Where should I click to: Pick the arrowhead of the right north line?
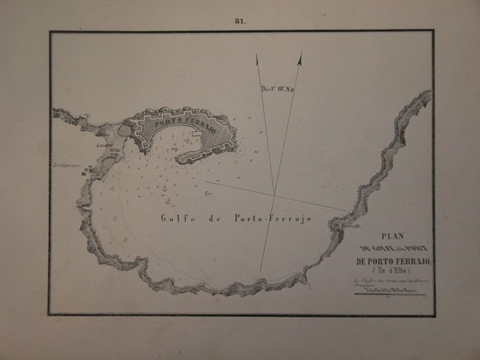(298, 57)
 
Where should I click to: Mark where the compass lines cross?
(274, 194)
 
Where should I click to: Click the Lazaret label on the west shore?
(102, 147)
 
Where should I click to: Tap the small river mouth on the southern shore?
(305, 277)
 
